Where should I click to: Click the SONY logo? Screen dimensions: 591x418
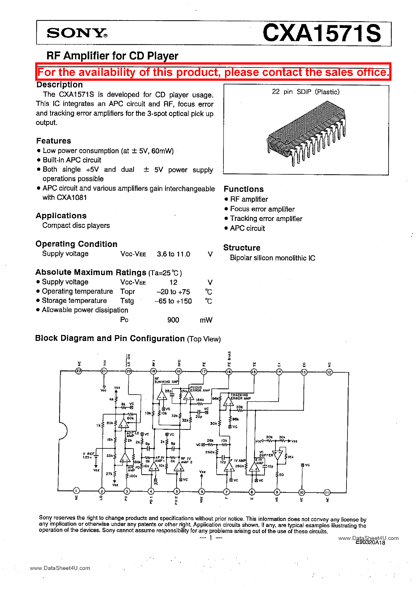tap(77, 33)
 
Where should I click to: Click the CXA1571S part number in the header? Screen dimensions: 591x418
tap(321, 33)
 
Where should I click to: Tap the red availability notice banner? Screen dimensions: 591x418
tap(213, 72)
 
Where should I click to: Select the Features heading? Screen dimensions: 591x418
tap(54, 141)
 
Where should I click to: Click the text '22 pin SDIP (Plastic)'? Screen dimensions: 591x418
tap(306, 92)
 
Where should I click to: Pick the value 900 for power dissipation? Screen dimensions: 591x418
tap(173, 320)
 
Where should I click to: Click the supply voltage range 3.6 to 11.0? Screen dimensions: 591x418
tap(173, 254)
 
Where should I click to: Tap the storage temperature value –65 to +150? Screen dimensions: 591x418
tap(173, 301)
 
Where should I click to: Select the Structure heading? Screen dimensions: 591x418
tap(242, 248)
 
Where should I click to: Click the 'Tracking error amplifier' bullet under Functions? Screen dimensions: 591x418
tap(266, 219)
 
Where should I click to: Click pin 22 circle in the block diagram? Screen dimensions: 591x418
tap(79, 371)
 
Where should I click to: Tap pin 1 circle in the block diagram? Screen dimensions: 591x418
tap(76, 491)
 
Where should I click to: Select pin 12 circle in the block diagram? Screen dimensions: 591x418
tap(329, 372)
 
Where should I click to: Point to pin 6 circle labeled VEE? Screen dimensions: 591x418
tap(202, 492)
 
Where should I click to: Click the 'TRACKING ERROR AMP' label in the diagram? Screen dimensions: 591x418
tap(240, 397)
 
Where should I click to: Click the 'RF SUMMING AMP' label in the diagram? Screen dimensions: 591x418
tap(166, 381)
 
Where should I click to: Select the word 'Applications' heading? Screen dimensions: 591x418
tap(61, 216)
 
